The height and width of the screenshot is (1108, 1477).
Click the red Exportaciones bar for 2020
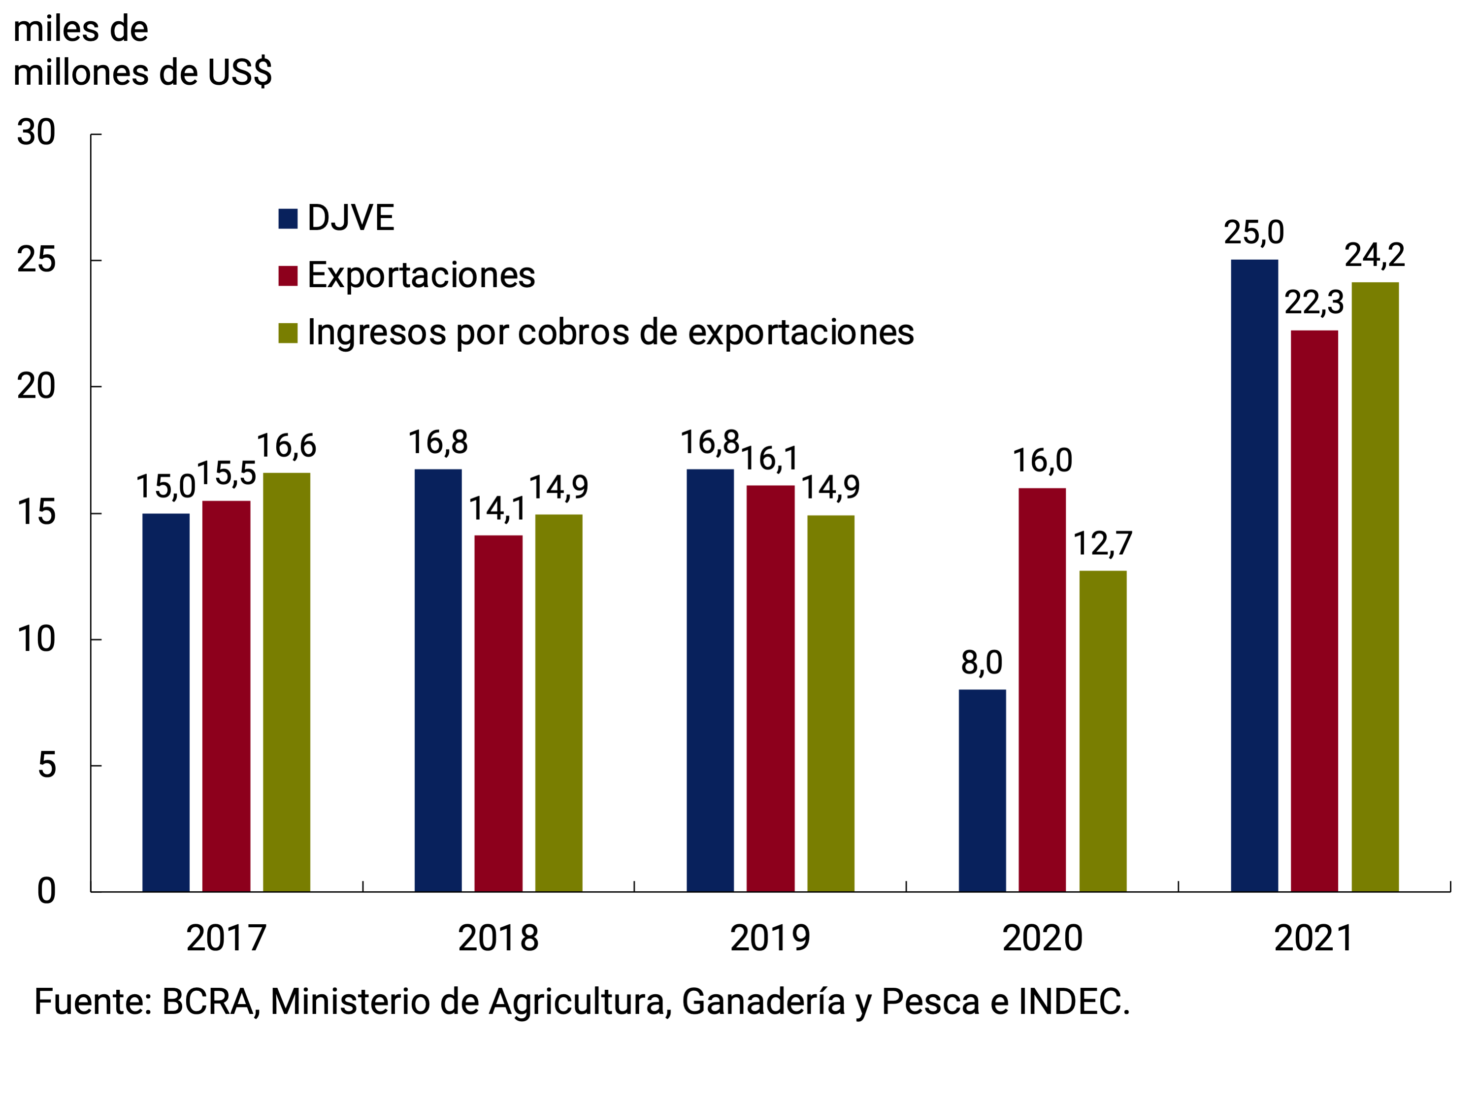1042,690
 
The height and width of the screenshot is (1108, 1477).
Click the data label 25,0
1253,233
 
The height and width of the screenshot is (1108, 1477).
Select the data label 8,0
981,663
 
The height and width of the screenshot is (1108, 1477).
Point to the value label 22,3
1313,303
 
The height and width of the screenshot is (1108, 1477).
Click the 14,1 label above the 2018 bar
497,509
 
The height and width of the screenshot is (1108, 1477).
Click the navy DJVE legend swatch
288,218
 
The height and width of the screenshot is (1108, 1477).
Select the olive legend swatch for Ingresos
288,333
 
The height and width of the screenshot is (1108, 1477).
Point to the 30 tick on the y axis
36,133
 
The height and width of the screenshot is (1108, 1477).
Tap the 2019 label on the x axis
769,939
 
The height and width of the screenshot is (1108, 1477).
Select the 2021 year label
1313,939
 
